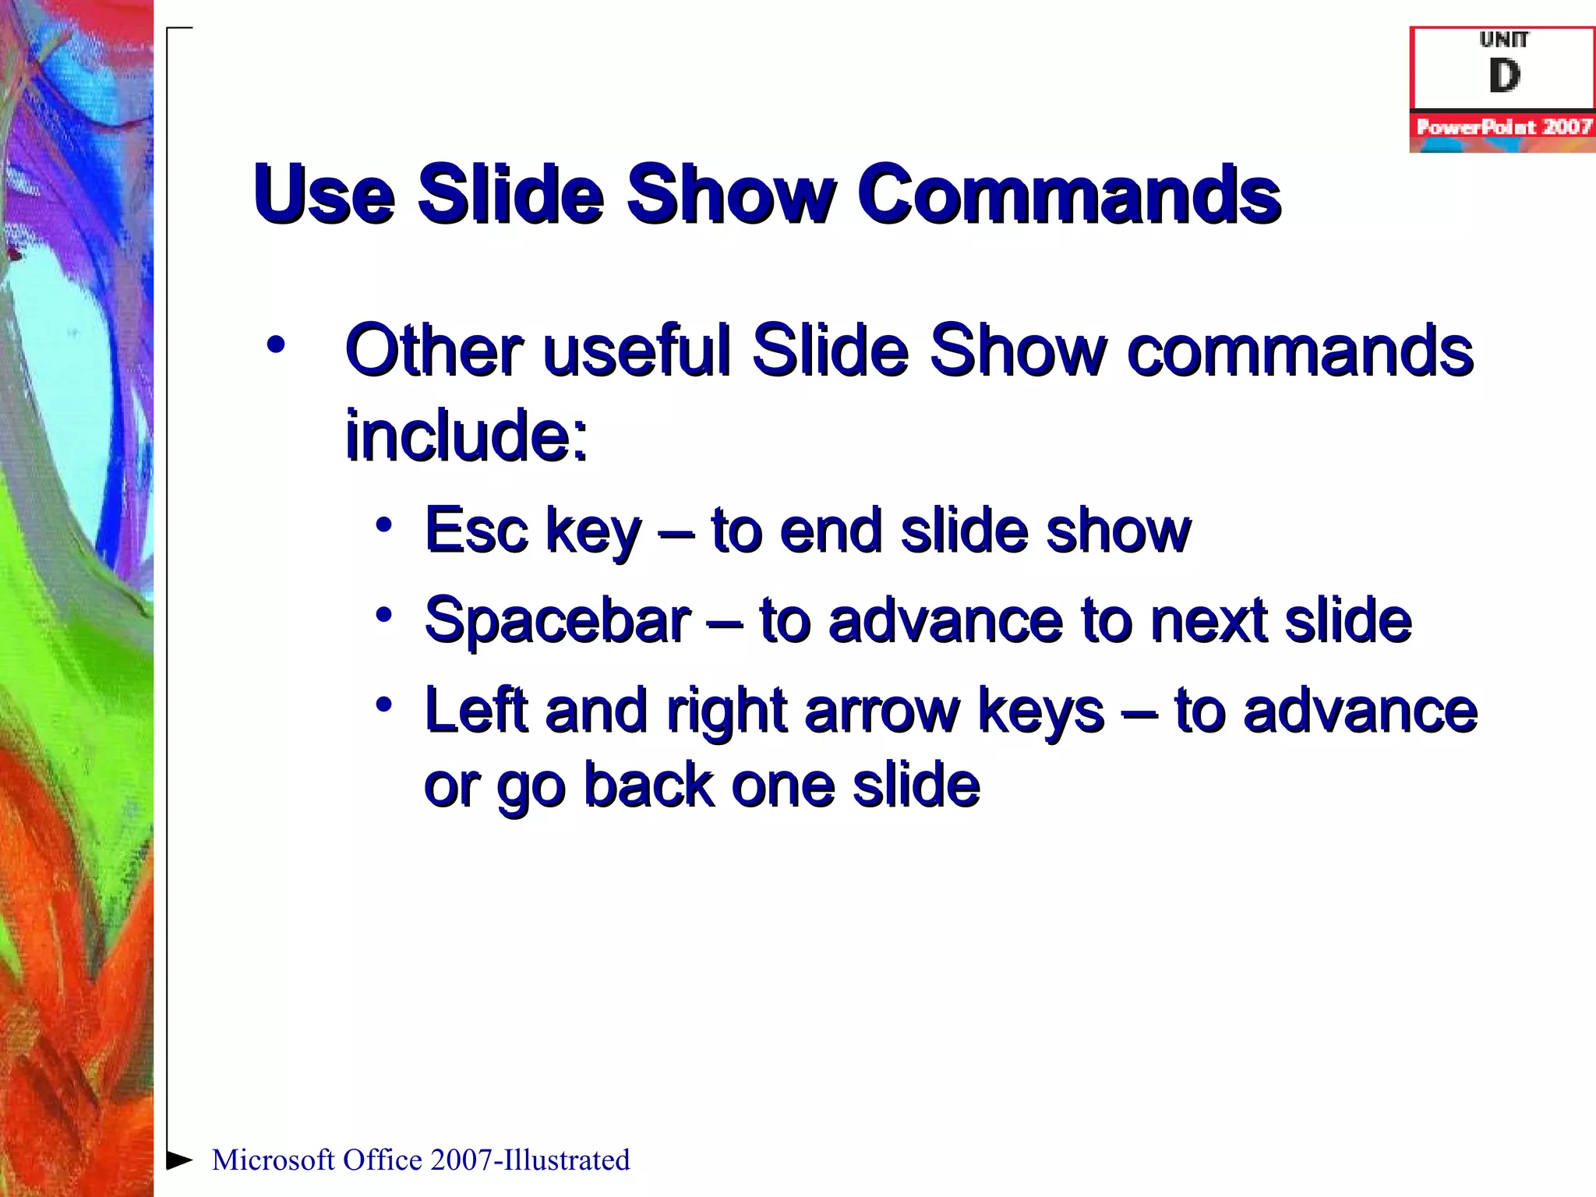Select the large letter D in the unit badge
click(1504, 76)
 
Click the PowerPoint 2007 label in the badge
click(1502, 127)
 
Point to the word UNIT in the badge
click(1504, 39)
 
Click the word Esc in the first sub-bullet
click(475, 531)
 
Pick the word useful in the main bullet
click(637, 351)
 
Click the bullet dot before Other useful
click(275, 344)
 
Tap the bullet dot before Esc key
click(383, 524)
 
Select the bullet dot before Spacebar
click(383, 615)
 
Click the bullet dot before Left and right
click(383, 704)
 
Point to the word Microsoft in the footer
click(273, 1160)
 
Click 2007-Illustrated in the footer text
click(530, 1160)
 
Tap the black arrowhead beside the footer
click(179, 1160)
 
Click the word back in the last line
click(648, 785)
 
